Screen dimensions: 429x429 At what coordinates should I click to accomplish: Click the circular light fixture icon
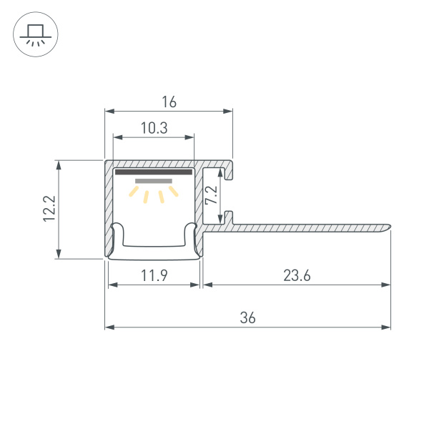pos(35,35)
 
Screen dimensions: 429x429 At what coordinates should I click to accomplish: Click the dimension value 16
pos(169,102)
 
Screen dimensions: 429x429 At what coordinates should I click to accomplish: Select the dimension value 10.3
pos(154,128)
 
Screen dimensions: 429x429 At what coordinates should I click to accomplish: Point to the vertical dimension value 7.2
pos(210,196)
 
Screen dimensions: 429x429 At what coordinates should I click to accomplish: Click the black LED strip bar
pos(154,172)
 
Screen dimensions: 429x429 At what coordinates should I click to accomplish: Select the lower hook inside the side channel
pos(227,216)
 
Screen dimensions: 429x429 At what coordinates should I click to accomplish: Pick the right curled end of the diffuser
pos(192,230)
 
